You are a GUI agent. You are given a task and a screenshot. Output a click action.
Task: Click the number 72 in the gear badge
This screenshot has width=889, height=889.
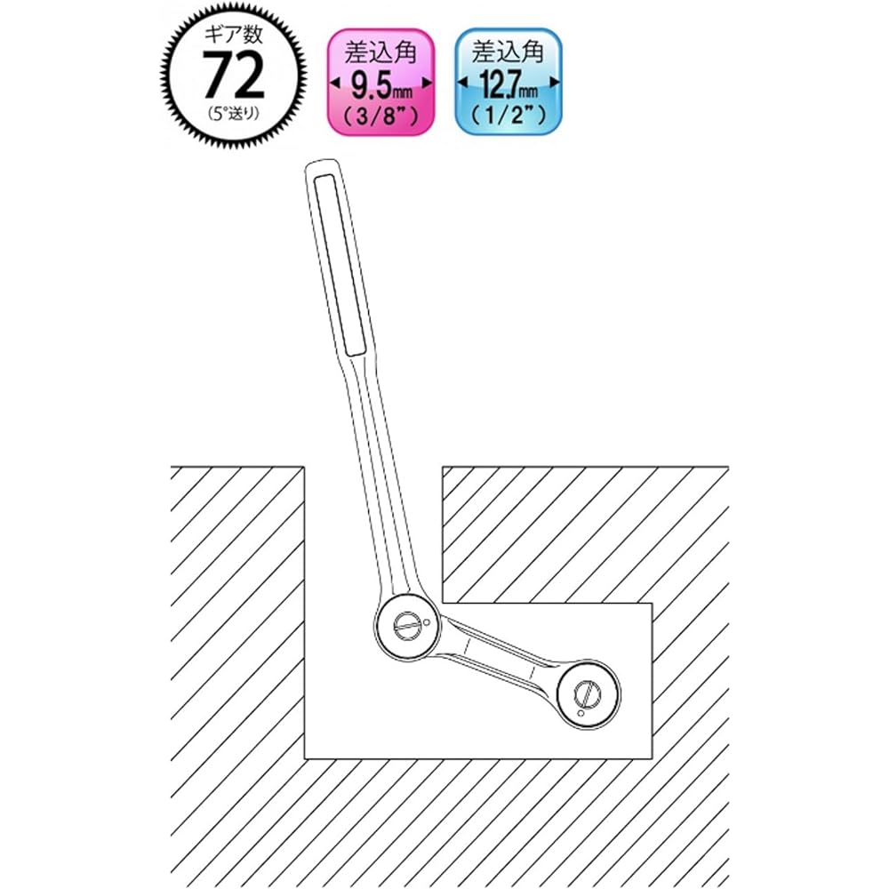234,75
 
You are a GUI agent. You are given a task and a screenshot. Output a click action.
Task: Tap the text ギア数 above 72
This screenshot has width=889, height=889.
234,36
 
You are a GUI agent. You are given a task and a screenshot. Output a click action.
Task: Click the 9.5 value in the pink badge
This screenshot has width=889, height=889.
372,85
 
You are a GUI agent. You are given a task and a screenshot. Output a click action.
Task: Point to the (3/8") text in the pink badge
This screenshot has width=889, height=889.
381,116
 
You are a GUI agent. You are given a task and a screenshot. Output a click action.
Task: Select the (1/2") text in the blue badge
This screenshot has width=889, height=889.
509,116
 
